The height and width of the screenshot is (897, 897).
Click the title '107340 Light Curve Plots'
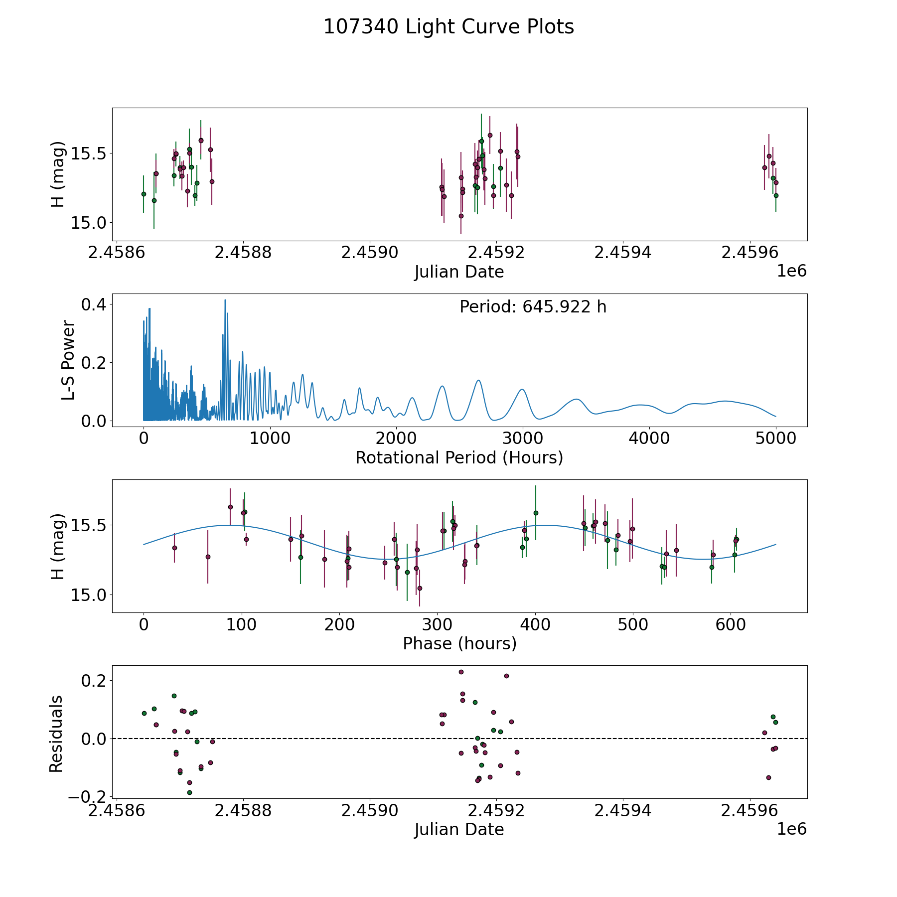(448, 27)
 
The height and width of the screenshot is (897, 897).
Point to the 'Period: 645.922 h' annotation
(533, 307)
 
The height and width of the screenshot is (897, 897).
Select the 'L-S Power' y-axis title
(69, 360)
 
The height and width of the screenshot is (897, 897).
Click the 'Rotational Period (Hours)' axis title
(459, 457)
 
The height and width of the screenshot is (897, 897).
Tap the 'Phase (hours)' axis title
(459, 643)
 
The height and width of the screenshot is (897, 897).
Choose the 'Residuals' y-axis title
(56, 734)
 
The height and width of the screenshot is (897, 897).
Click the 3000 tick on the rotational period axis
(523, 439)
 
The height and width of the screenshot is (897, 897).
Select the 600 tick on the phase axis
(730, 624)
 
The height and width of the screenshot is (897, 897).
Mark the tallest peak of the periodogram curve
(225, 300)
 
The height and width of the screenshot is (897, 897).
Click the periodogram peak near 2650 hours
(478, 380)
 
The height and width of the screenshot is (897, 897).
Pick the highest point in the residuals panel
(461, 672)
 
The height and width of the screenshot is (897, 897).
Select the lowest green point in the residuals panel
(189, 792)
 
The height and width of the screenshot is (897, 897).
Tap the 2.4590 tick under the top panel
(370, 252)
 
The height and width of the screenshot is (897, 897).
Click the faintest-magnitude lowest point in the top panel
(461, 216)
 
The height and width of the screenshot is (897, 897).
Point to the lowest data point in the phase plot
(420, 588)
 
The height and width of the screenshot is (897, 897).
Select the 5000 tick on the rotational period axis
(775, 439)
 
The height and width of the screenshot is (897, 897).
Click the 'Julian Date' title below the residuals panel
(459, 829)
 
